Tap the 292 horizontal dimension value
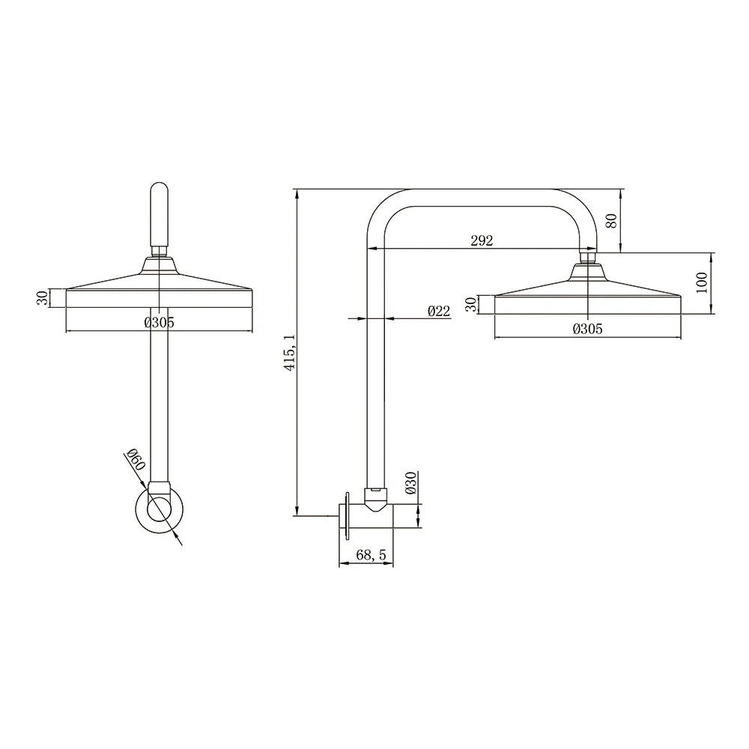(x=482, y=240)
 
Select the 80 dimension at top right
(x=611, y=222)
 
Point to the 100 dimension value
(x=701, y=283)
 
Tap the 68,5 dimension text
(x=372, y=555)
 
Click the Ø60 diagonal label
(x=134, y=459)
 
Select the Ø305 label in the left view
(x=159, y=323)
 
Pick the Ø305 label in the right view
(x=587, y=329)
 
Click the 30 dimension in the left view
(x=43, y=298)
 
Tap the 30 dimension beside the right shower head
(x=470, y=304)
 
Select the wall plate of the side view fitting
(x=348, y=514)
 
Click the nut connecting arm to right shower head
(x=588, y=258)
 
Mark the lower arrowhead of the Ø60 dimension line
(x=179, y=541)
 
